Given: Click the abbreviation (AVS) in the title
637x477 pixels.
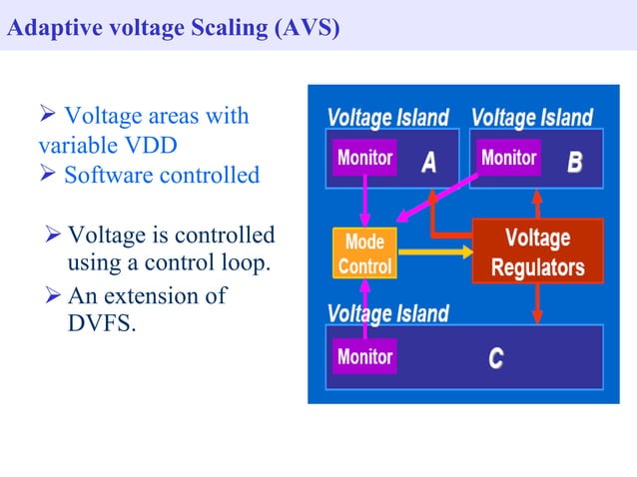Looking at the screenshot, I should [306, 27].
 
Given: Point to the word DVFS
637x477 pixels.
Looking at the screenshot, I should [98, 323].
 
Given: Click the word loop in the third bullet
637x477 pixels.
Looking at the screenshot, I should [248, 265].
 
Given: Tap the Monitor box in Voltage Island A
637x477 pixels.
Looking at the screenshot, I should [364, 158].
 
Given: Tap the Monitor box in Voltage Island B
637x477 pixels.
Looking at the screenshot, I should [508, 158].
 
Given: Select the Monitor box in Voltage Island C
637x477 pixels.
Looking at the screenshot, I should [364, 356].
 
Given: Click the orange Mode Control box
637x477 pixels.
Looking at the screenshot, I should [364, 254].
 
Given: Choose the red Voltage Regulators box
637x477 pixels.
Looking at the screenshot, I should [537, 252].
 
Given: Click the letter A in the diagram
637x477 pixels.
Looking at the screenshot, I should [427, 161].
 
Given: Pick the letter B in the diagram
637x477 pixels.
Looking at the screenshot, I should [574, 161].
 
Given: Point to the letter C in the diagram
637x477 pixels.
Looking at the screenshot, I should [495, 358].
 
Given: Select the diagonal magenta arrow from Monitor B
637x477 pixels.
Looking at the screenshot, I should [439, 199].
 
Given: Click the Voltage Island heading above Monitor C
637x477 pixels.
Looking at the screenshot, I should [387, 313].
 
